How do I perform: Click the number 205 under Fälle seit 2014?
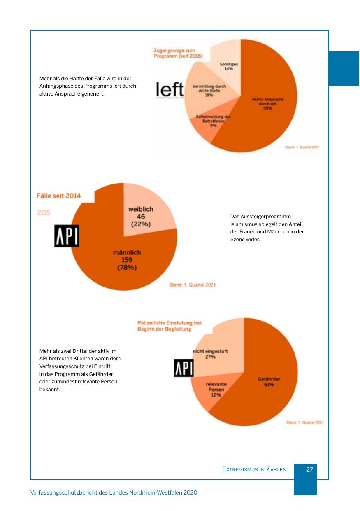click(x=44, y=213)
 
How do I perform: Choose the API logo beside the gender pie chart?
click(x=67, y=236)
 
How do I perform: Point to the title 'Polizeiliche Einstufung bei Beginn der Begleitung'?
click(x=170, y=326)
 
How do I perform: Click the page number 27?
click(x=310, y=469)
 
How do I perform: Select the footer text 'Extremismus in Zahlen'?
click(x=254, y=469)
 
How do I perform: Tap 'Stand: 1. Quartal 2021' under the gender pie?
click(x=192, y=285)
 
